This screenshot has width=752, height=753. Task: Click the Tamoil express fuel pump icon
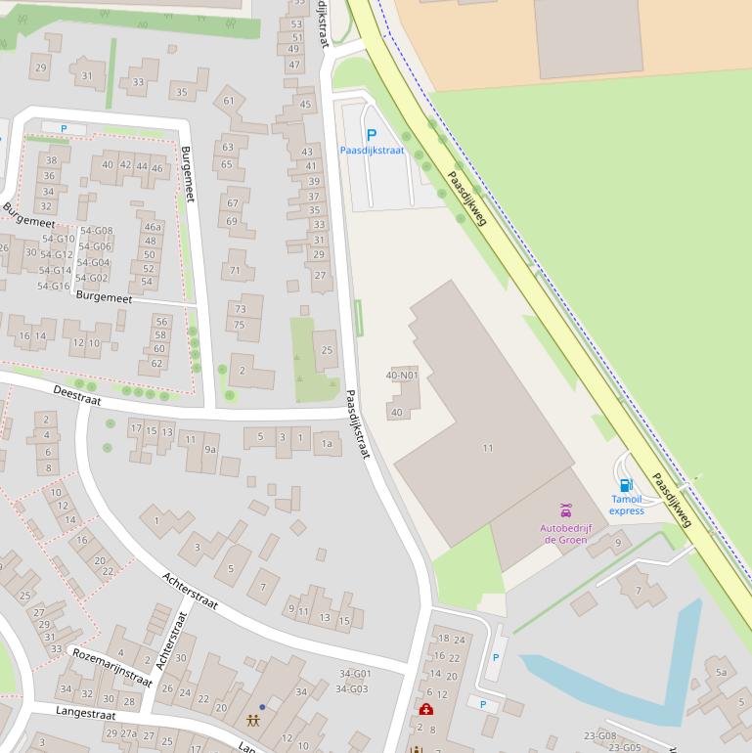pyautogui.click(x=626, y=485)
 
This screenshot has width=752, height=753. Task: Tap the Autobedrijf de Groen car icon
pyautogui.click(x=565, y=510)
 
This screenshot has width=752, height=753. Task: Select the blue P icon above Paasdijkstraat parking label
pyautogui.click(x=371, y=135)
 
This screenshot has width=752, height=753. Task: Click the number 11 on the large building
pyautogui.click(x=487, y=448)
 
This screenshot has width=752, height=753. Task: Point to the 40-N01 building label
pyautogui.click(x=401, y=375)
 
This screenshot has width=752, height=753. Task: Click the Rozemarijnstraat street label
pyautogui.click(x=112, y=667)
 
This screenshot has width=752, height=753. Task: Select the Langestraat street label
pyautogui.click(x=86, y=714)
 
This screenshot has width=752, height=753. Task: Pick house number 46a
pyautogui.click(x=152, y=226)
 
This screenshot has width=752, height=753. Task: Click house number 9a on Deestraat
pyautogui.click(x=209, y=449)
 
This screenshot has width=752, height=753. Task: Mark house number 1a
pyautogui.click(x=327, y=444)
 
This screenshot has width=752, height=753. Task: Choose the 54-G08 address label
pyautogui.click(x=96, y=231)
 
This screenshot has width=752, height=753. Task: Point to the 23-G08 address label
pyautogui.click(x=599, y=735)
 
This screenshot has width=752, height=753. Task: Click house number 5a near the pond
pyautogui.click(x=722, y=672)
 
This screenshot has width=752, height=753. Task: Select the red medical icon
pyautogui.click(x=426, y=709)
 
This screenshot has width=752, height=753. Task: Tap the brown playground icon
pyautogui.click(x=253, y=722)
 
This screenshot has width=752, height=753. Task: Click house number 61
pyautogui.click(x=229, y=100)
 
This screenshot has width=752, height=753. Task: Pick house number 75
pyautogui.click(x=240, y=325)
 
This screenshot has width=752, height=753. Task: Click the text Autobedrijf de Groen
pyautogui.click(x=566, y=534)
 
